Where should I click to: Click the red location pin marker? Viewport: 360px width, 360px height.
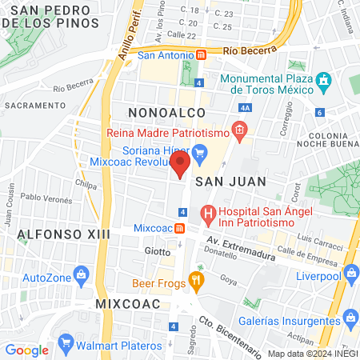(180, 165)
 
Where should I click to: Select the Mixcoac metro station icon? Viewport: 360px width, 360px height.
(181, 228)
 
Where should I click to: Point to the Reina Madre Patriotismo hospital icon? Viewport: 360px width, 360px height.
(238, 129)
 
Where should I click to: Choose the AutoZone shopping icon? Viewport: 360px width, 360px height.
(82, 276)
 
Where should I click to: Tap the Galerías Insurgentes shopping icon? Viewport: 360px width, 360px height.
(349, 318)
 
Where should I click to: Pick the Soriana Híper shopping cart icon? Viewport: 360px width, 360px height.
(199, 150)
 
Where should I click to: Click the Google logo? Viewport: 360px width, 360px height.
(26, 350)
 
